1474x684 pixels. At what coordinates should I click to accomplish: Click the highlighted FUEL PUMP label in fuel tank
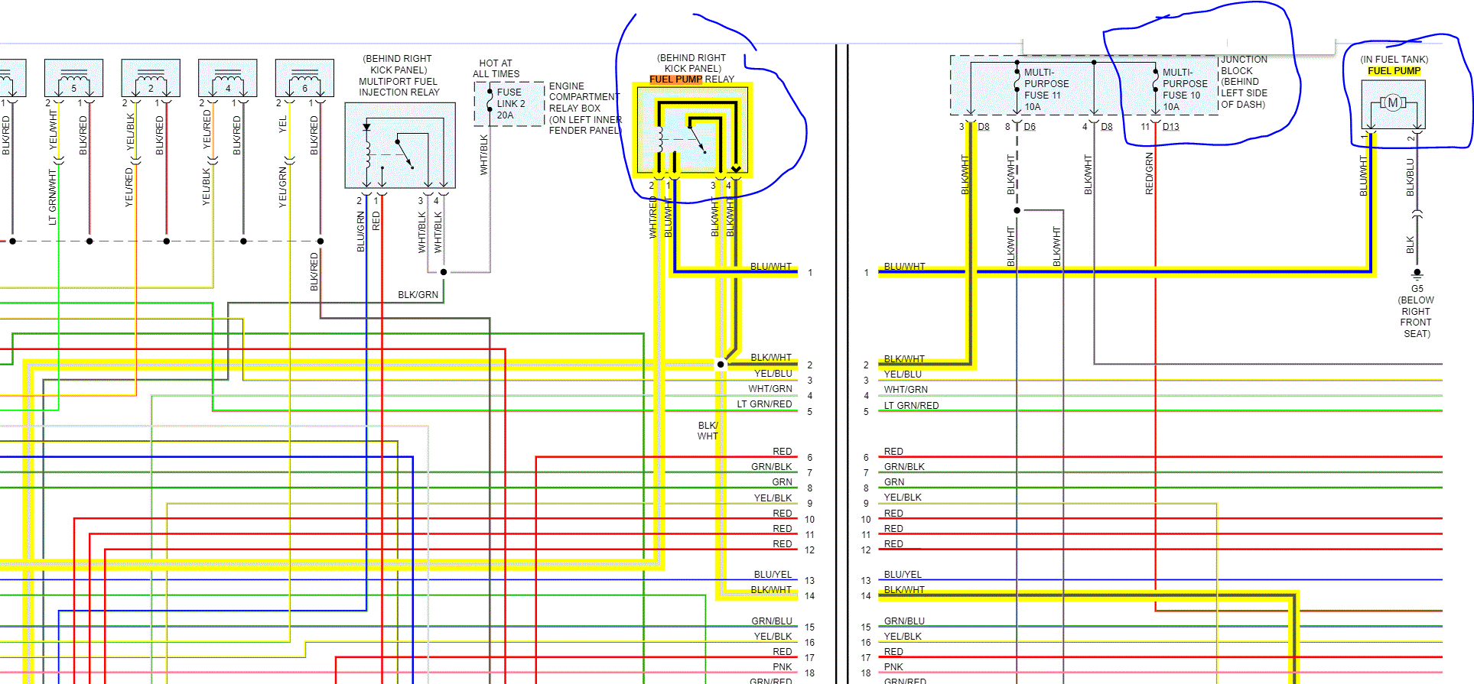click(1394, 71)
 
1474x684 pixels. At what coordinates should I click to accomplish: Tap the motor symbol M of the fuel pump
click(1393, 102)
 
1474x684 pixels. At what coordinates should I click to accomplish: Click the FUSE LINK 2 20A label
click(510, 104)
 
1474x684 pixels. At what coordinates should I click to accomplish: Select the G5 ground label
click(1417, 289)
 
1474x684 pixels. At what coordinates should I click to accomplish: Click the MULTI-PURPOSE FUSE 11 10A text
click(1046, 89)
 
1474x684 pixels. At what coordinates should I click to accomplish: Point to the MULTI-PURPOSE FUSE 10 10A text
click(1184, 89)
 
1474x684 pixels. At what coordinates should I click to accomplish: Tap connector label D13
click(1170, 127)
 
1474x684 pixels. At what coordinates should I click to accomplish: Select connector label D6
click(1030, 127)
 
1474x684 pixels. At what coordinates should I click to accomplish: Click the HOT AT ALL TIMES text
click(496, 69)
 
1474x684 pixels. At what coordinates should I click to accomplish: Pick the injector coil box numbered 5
click(73, 78)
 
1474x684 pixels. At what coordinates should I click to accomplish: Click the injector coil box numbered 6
click(304, 78)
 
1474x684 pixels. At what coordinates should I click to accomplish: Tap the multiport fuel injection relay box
click(400, 145)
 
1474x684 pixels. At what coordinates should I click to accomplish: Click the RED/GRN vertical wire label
click(1149, 173)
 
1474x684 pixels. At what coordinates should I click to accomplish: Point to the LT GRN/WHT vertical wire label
click(53, 197)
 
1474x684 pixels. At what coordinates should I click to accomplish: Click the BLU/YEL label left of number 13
click(773, 575)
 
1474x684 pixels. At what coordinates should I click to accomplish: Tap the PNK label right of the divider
click(893, 667)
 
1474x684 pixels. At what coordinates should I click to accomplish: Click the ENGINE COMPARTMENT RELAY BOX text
click(584, 109)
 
